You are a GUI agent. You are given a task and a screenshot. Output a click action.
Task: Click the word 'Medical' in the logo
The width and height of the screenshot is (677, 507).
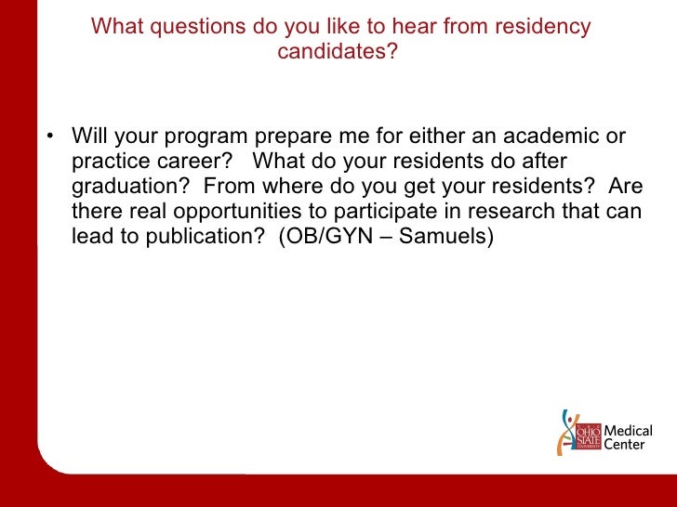pyautogui.click(x=629, y=431)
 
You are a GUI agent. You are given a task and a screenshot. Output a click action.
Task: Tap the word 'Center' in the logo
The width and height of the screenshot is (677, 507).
pyautogui.click(x=624, y=445)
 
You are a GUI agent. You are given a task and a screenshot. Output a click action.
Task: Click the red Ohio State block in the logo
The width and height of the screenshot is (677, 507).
pyautogui.click(x=589, y=435)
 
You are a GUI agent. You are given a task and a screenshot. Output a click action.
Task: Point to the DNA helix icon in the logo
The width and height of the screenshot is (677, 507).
pyautogui.click(x=565, y=432)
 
